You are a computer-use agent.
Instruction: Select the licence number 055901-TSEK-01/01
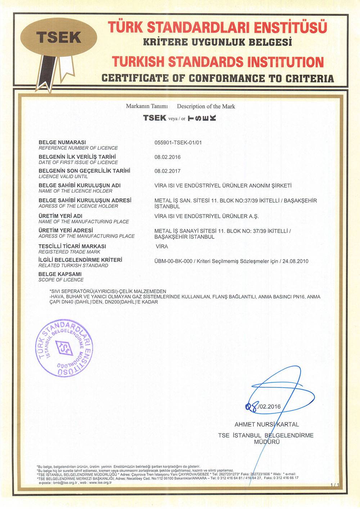pyautogui.click(x=178, y=143)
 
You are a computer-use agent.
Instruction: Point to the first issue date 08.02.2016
pyautogui.click(x=167, y=157)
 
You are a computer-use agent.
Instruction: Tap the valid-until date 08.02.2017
pyautogui.click(x=167, y=171)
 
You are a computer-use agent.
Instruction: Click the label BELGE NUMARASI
pyautogui.click(x=62, y=142)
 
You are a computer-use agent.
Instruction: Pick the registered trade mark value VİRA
pyautogui.click(x=162, y=247)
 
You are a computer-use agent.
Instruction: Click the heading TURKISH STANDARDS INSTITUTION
pyautogui.click(x=217, y=62)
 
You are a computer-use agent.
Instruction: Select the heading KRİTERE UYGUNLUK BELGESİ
pyautogui.click(x=217, y=42)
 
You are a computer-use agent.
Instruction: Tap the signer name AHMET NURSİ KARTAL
pyautogui.click(x=266, y=424)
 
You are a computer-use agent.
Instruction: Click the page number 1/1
pyautogui.click(x=334, y=485)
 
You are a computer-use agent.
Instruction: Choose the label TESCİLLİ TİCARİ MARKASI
pyautogui.click(x=72, y=246)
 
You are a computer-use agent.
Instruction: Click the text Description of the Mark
pyautogui.click(x=206, y=106)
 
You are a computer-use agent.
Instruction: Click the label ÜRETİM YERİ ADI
pyautogui.click(x=60, y=216)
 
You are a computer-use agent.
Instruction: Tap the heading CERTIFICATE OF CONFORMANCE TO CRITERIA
pyautogui.click(x=217, y=78)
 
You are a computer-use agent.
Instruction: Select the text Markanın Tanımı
pyautogui.click(x=147, y=106)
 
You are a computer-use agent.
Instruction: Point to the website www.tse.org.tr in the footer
pyautogui.click(x=100, y=482)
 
